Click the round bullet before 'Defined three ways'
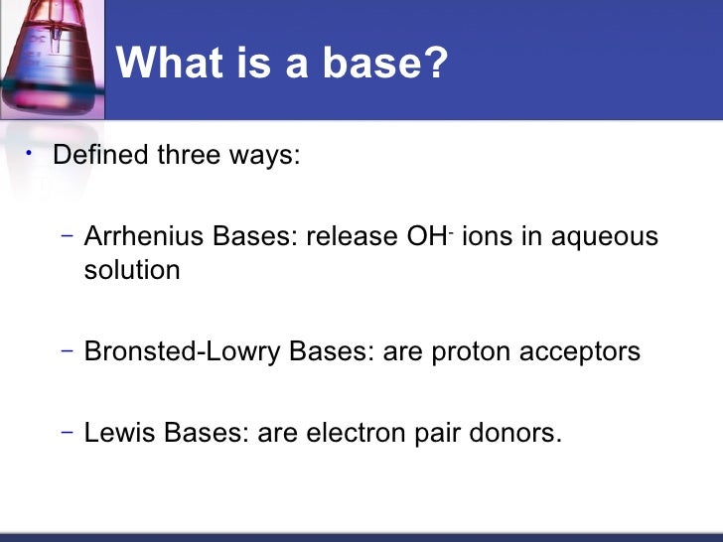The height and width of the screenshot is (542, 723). [31, 152]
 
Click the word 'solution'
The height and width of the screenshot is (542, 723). [132, 270]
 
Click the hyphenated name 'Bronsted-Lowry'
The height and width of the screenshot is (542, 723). [183, 351]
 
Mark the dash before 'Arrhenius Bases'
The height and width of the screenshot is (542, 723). [66, 236]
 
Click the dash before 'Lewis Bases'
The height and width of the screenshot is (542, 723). [66, 432]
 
